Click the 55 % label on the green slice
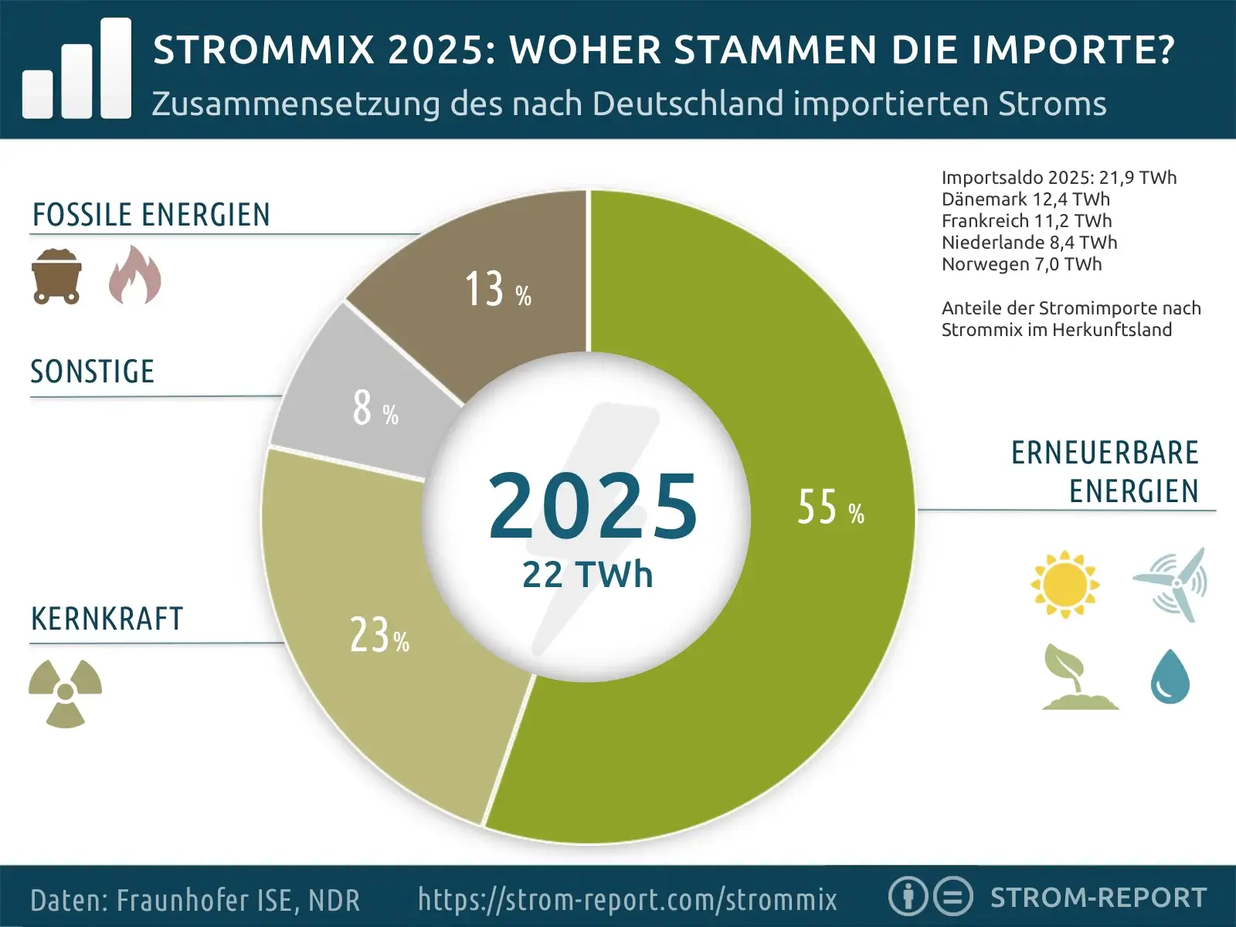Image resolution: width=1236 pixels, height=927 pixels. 830,508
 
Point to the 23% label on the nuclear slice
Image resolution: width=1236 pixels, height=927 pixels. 379,635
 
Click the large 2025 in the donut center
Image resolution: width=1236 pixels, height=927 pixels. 593,506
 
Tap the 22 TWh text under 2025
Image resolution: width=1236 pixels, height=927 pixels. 587,575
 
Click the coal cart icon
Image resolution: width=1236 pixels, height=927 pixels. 56,276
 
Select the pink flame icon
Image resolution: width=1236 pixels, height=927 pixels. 135,275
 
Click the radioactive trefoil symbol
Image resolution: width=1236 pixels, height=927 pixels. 66,692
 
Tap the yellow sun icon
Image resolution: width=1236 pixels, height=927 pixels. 1065,585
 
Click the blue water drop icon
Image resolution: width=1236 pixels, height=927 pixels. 1170,677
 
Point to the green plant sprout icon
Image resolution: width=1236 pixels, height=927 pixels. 1078,677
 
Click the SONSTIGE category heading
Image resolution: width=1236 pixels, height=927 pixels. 93,372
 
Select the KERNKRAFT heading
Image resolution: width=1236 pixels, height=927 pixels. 107,619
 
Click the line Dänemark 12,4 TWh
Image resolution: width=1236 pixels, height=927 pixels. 1025,199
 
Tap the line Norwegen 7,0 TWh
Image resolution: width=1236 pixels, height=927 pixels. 1021,264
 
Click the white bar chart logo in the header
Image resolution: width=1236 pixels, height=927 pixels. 76,70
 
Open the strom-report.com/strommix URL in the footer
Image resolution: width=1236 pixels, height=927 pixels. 627,899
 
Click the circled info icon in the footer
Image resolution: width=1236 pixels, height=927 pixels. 907,897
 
